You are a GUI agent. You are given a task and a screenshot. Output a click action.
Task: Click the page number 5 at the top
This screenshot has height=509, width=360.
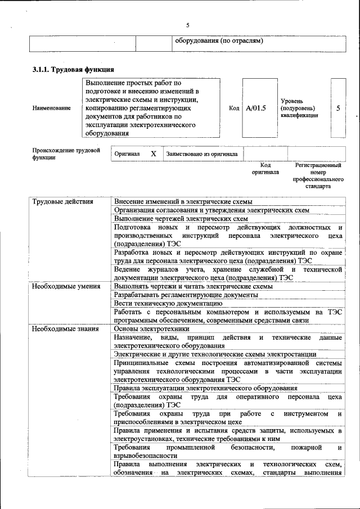[188, 25]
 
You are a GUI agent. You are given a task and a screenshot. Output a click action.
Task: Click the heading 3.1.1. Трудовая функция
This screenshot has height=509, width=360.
[73, 70]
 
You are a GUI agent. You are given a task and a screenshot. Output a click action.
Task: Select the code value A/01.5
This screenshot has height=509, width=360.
[256, 107]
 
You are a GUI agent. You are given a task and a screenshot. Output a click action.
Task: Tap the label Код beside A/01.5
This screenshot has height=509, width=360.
[234, 107]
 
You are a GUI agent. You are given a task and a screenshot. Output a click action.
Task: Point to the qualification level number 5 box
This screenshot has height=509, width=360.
[338, 107]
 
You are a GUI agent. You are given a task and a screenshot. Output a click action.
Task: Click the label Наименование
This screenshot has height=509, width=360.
[52, 108]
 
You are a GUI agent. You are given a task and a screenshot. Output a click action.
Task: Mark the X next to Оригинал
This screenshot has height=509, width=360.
[153, 153]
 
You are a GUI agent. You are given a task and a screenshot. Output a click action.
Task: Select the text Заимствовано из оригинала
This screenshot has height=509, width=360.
[201, 154]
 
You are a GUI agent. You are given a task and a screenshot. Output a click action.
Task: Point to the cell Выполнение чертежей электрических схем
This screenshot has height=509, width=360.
[181, 218]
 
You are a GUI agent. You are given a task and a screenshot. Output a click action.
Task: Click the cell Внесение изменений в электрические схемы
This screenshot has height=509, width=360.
[183, 201]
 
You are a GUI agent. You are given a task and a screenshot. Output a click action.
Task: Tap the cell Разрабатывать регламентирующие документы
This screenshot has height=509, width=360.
[178, 295]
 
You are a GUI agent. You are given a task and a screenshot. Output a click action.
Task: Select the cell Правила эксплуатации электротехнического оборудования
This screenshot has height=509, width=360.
[205, 388]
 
